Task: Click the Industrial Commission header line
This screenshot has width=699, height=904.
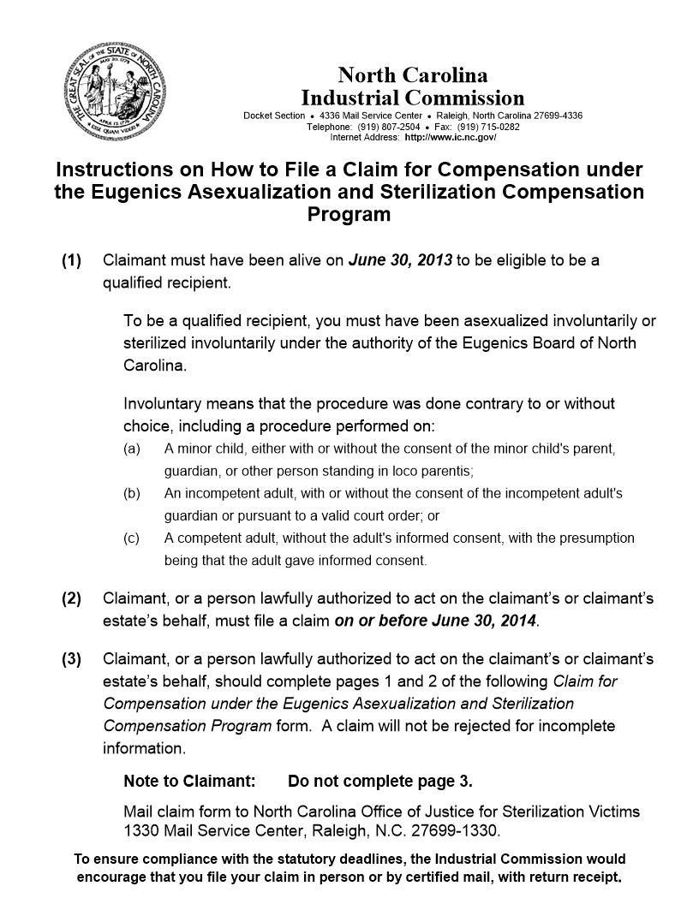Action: pyautogui.click(x=412, y=98)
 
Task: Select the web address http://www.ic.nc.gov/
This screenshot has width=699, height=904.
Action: pyautogui.click(x=450, y=137)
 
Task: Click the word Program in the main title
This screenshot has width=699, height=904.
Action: pyautogui.click(x=349, y=215)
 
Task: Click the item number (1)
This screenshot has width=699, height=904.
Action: pyautogui.click(x=71, y=260)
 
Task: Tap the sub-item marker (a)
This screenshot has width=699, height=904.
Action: pyautogui.click(x=132, y=449)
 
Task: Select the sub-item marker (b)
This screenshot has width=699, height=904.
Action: pyautogui.click(x=132, y=494)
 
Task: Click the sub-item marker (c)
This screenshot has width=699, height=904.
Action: pyautogui.click(x=132, y=538)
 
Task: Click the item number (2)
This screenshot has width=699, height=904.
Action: pyautogui.click(x=71, y=598)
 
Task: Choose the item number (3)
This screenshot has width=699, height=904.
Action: pyautogui.click(x=71, y=659)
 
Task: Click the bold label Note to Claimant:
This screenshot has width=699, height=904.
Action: pyautogui.click(x=189, y=782)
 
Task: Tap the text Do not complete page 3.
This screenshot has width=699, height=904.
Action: pyautogui.click(x=380, y=782)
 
